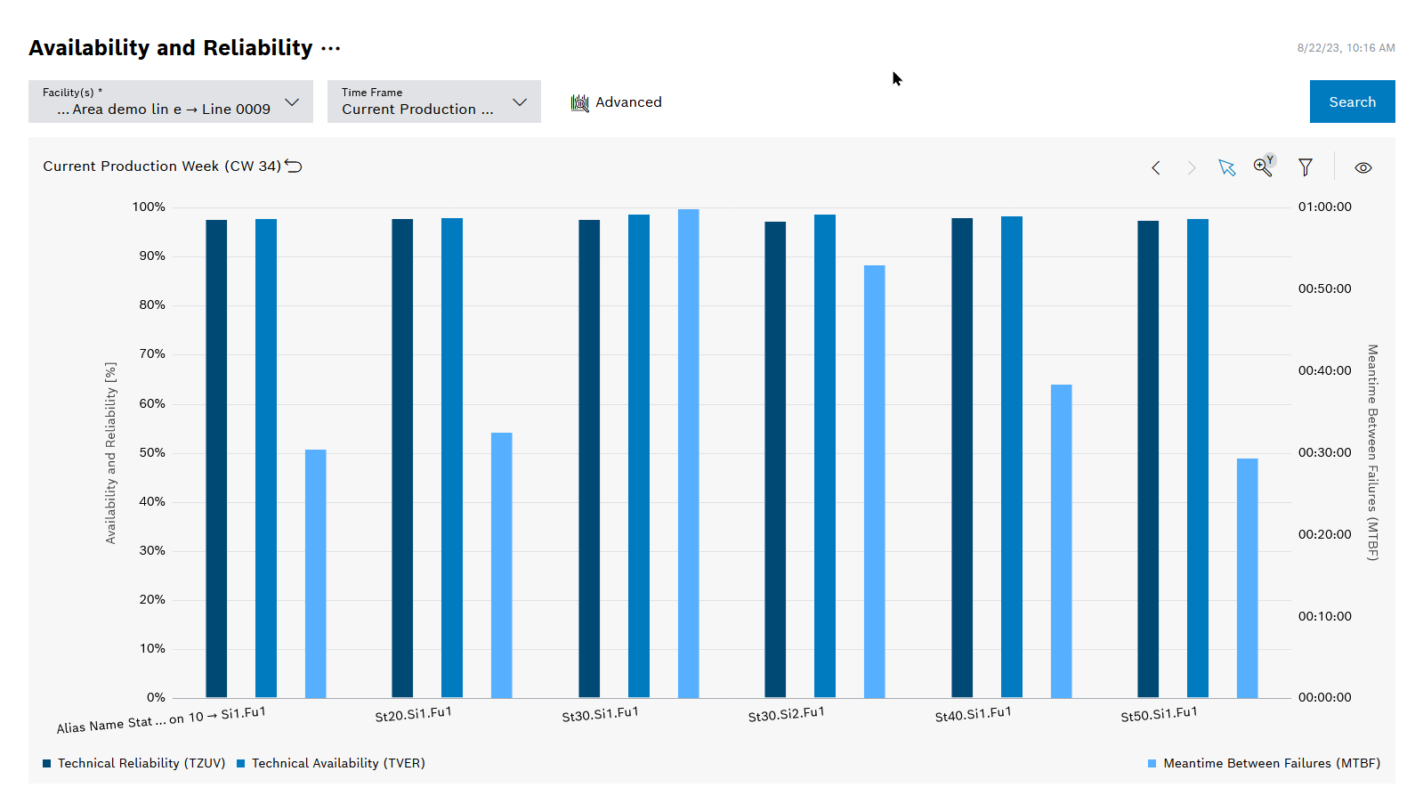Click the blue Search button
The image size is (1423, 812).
(x=1352, y=101)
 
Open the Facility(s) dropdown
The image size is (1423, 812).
(x=170, y=101)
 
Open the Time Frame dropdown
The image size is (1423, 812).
(x=433, y=101)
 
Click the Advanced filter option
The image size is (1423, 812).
(x=617, y=102)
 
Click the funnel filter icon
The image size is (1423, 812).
(x=1305, y=167)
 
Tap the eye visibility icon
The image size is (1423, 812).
(x=1362, y=167)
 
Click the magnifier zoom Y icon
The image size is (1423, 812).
(x=1263, y=166)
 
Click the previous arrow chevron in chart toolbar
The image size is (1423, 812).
(x=1155, y=167)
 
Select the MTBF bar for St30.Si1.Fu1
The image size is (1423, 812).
(x=688, y=454)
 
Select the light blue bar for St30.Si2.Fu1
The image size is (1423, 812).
(x=874, y=481)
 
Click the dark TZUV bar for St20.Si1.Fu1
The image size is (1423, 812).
(x=402, y=459)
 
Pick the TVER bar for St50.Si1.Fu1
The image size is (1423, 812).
(x=1197, y=459)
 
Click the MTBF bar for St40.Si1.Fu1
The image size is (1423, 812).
(x=1061, y=540)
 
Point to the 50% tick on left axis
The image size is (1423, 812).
(x=152, y=452)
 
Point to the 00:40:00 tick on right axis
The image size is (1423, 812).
(x=1324, y=370)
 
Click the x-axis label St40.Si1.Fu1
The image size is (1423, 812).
(x=973, y=714)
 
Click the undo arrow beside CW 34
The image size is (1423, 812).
(x=294, y=166)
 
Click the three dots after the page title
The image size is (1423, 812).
(x=330, y=48)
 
